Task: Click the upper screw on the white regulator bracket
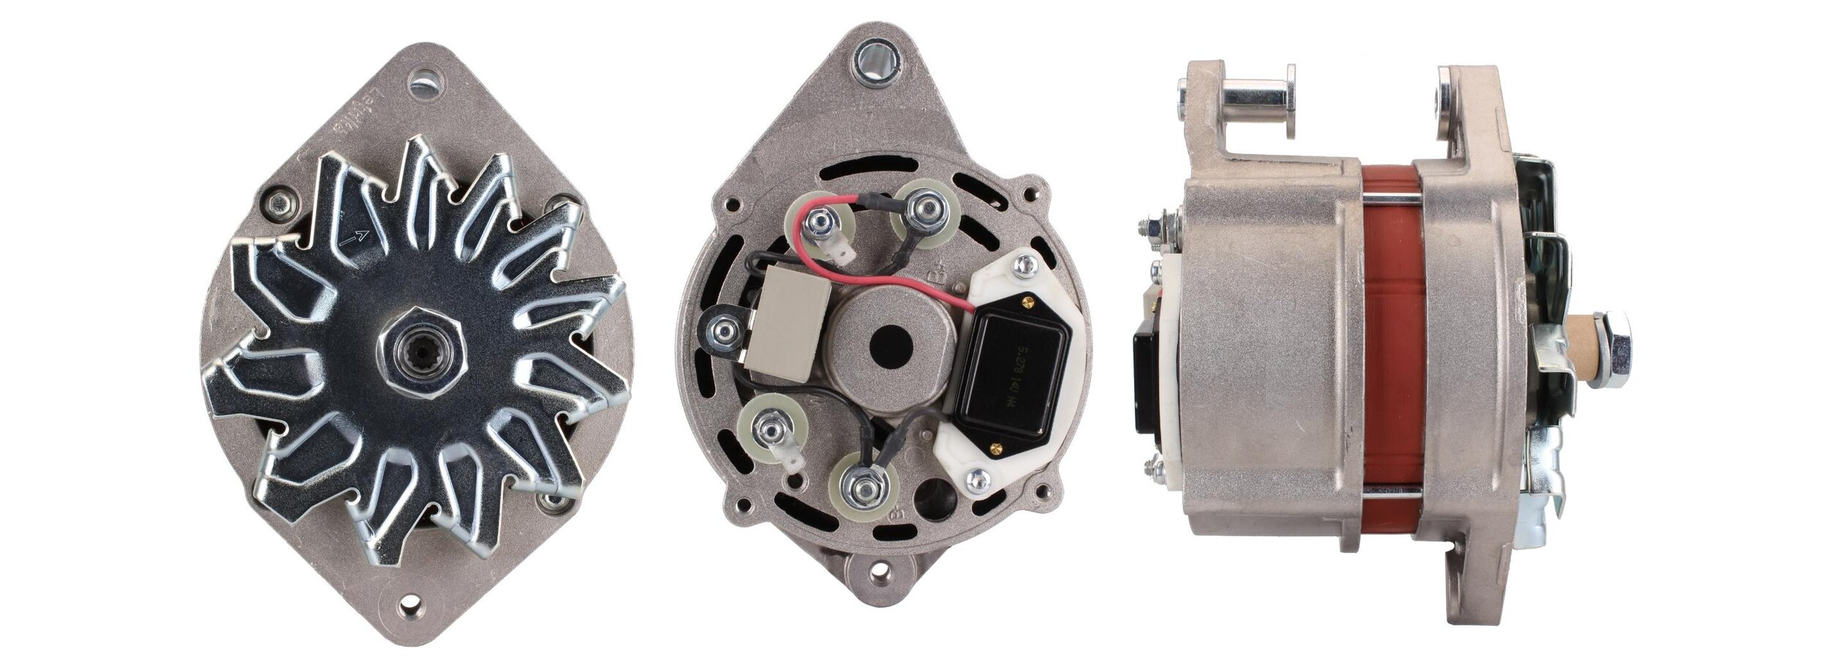pos(1025,268)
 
